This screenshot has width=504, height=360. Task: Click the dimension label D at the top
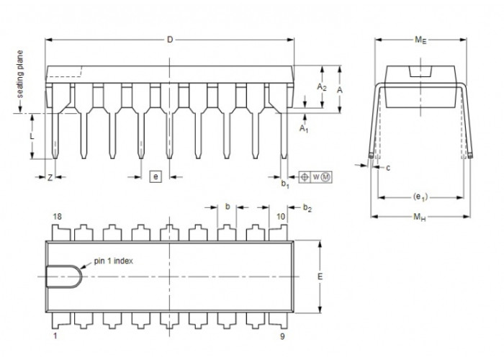tap(170, 40)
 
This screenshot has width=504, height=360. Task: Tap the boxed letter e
tap(156, 177)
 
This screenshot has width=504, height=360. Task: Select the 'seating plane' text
tap(20, 74)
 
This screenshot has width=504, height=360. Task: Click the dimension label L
tap(32, 137)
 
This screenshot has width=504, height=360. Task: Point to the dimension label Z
tap(50, 177)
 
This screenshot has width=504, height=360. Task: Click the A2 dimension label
tap(321, 87)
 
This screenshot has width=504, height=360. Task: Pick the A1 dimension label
tap(304, 129)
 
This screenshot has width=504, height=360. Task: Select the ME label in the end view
tap(420, 40)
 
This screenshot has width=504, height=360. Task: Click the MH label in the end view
tap(420, 217)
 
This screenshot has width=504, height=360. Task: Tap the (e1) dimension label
tap(420, 197)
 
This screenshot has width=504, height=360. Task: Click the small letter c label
tap(388, 168)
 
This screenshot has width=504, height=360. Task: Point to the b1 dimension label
tap(285, 184)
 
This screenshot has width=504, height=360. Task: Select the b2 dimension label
tap(307, 208)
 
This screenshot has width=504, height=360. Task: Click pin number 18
tap(57, 217)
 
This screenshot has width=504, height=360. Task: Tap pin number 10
tap(281, 217)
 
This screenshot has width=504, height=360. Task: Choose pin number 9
tap(282, 336)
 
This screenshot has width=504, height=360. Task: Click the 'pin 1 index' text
tap(114, 261)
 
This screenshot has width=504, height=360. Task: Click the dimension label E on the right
tap(320, 276)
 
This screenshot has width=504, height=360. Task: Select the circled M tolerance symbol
tap(326, 177)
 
